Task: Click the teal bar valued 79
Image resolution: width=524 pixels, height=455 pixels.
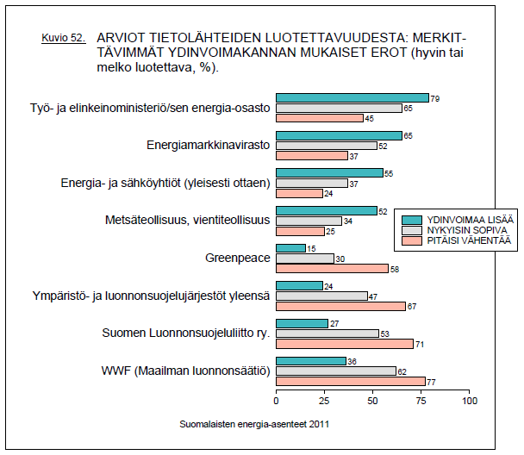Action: tap(352, 98)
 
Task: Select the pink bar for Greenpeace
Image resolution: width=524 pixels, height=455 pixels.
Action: tap(332, 269)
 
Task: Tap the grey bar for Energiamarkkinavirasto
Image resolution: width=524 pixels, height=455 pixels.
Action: tap(326, 146)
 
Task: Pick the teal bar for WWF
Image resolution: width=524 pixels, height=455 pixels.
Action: tap(310, 361)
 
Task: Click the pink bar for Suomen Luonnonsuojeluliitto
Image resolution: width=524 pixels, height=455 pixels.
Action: tap(345, 343)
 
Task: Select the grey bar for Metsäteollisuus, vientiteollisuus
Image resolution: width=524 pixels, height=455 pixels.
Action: tap(309, 221)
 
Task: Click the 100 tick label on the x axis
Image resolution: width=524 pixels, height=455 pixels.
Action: tap(469, 401)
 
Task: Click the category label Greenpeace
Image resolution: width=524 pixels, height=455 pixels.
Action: tap(238, 258)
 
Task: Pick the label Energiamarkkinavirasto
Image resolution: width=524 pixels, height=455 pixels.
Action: tap(209, 145)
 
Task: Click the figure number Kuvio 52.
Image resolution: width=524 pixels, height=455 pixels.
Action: tap(64, 40)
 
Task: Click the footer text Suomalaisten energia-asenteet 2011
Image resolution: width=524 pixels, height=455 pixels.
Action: tap(254, 424)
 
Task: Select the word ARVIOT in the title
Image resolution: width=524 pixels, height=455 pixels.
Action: tap(122, 38)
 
